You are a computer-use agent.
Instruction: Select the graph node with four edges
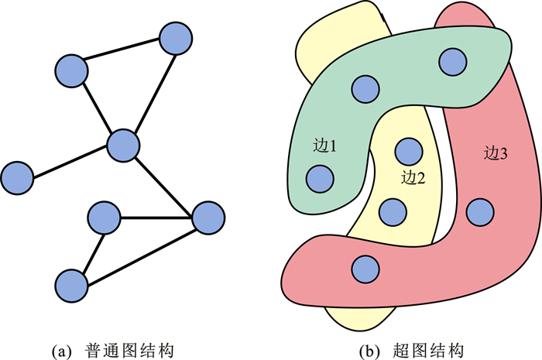(122, 145)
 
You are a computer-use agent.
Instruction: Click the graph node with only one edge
(16, 178)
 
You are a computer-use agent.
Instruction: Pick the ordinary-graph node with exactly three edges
(207, 218)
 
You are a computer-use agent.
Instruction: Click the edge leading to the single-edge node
(70, 161)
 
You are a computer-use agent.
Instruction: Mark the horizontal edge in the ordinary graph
(155, 218)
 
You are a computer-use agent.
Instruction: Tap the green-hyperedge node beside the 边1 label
(319, 180)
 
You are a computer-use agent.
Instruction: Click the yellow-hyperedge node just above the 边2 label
(406, 149)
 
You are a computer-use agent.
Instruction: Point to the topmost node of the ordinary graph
(174, 38)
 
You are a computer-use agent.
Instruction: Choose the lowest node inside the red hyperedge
(365, 268)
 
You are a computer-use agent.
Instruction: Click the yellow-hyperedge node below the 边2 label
(393, 209)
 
